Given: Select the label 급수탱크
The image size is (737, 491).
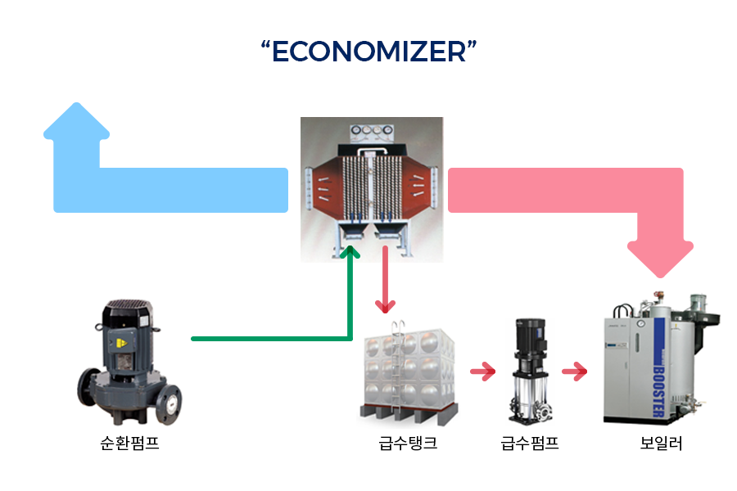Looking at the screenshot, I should click(408, 444).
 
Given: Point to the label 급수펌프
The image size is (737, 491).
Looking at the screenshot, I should click(530, 444).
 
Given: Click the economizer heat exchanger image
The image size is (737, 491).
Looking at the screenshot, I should click(371, 188).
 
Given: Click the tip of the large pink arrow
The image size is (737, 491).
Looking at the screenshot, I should click(660, 273).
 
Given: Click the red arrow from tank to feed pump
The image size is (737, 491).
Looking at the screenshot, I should click(483, 372).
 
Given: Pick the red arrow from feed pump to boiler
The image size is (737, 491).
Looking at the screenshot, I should click(575, 372).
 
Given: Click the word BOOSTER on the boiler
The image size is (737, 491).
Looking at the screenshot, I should click(660, 381).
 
